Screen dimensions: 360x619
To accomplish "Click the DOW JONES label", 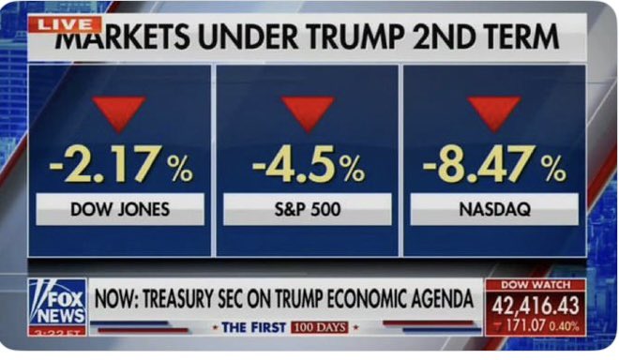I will pos(120,209).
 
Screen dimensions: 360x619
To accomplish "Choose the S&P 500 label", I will pos(308,209).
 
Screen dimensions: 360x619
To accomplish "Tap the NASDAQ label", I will pos(494,209).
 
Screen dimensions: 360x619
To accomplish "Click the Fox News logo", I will pos(56,302).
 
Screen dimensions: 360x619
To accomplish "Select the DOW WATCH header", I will pos(535,285).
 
